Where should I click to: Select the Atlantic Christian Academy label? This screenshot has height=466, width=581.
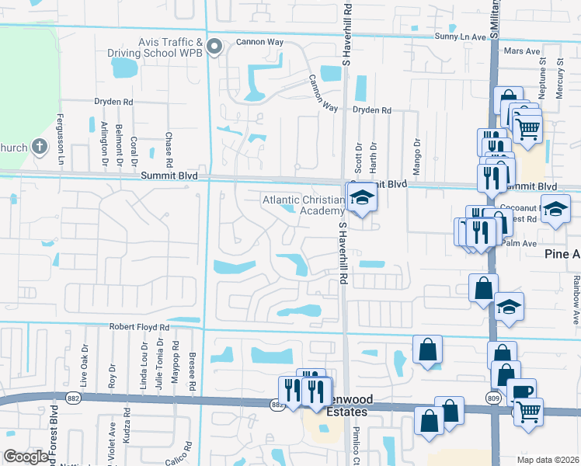click(303, 205)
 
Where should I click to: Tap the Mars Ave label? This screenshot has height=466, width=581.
click(521, 51)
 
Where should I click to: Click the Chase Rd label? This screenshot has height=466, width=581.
click(169, 150)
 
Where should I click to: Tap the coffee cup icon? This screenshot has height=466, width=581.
click(523, 391)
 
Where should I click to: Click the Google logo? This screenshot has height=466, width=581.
click(26, 457)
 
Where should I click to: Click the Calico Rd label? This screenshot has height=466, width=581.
click(189, 454)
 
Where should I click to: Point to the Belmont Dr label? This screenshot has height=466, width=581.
click(119, 144)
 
